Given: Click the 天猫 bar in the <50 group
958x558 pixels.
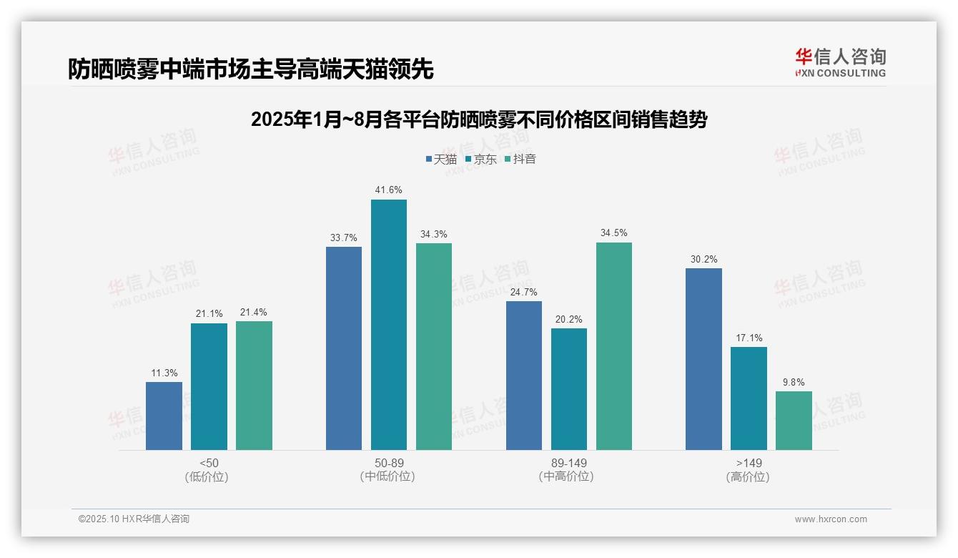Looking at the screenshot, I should click(x=164, y=416).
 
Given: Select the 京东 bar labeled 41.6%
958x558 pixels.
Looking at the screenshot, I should click(x=389, y=325).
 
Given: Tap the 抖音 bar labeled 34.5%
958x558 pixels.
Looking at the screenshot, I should click(x=614, y=346).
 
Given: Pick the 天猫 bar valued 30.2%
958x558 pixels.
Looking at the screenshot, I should click(x=703, y=359).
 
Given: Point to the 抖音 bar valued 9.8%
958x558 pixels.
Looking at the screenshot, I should click(x=794, y=421).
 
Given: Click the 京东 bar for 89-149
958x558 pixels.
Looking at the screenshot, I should click(x=569, y=389).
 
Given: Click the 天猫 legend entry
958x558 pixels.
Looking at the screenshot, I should click(x=441, y=159).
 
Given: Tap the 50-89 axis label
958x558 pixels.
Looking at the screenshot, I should click(x=389, y=463).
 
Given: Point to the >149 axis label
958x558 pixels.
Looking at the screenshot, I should click(x=749, y=463).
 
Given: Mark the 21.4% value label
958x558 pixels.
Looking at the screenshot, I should click(x=254, y=313).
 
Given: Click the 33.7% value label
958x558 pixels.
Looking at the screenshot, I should click(x=344, y=238).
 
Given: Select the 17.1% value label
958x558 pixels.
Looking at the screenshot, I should click(x=749, y=338).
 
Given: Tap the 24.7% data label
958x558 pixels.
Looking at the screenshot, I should click(x=524, y=293).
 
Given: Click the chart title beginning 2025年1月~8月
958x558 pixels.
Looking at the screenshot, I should click(x=478, y=119).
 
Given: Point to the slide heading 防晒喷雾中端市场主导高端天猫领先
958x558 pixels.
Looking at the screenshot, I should click(x=251, y=69).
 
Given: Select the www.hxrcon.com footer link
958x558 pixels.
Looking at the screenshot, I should click(x=831, y=519).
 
